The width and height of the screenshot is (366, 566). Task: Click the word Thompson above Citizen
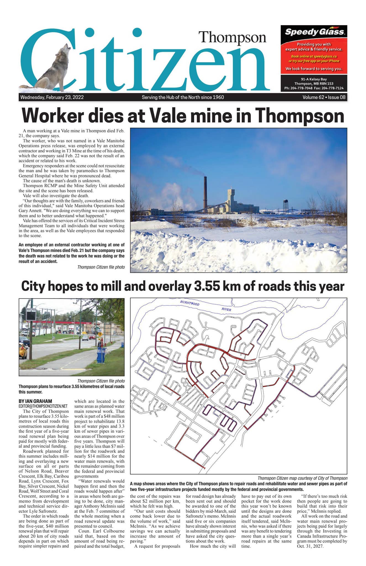coord(232,37)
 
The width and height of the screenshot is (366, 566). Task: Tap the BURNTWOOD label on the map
coord(189,303)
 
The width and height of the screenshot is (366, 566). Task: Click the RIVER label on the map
coord(226,310)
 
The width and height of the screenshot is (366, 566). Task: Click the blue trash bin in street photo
coord(101,355)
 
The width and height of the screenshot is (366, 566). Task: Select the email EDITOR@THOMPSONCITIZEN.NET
coord(43,406)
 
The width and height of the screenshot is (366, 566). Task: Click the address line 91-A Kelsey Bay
coord(314,79)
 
